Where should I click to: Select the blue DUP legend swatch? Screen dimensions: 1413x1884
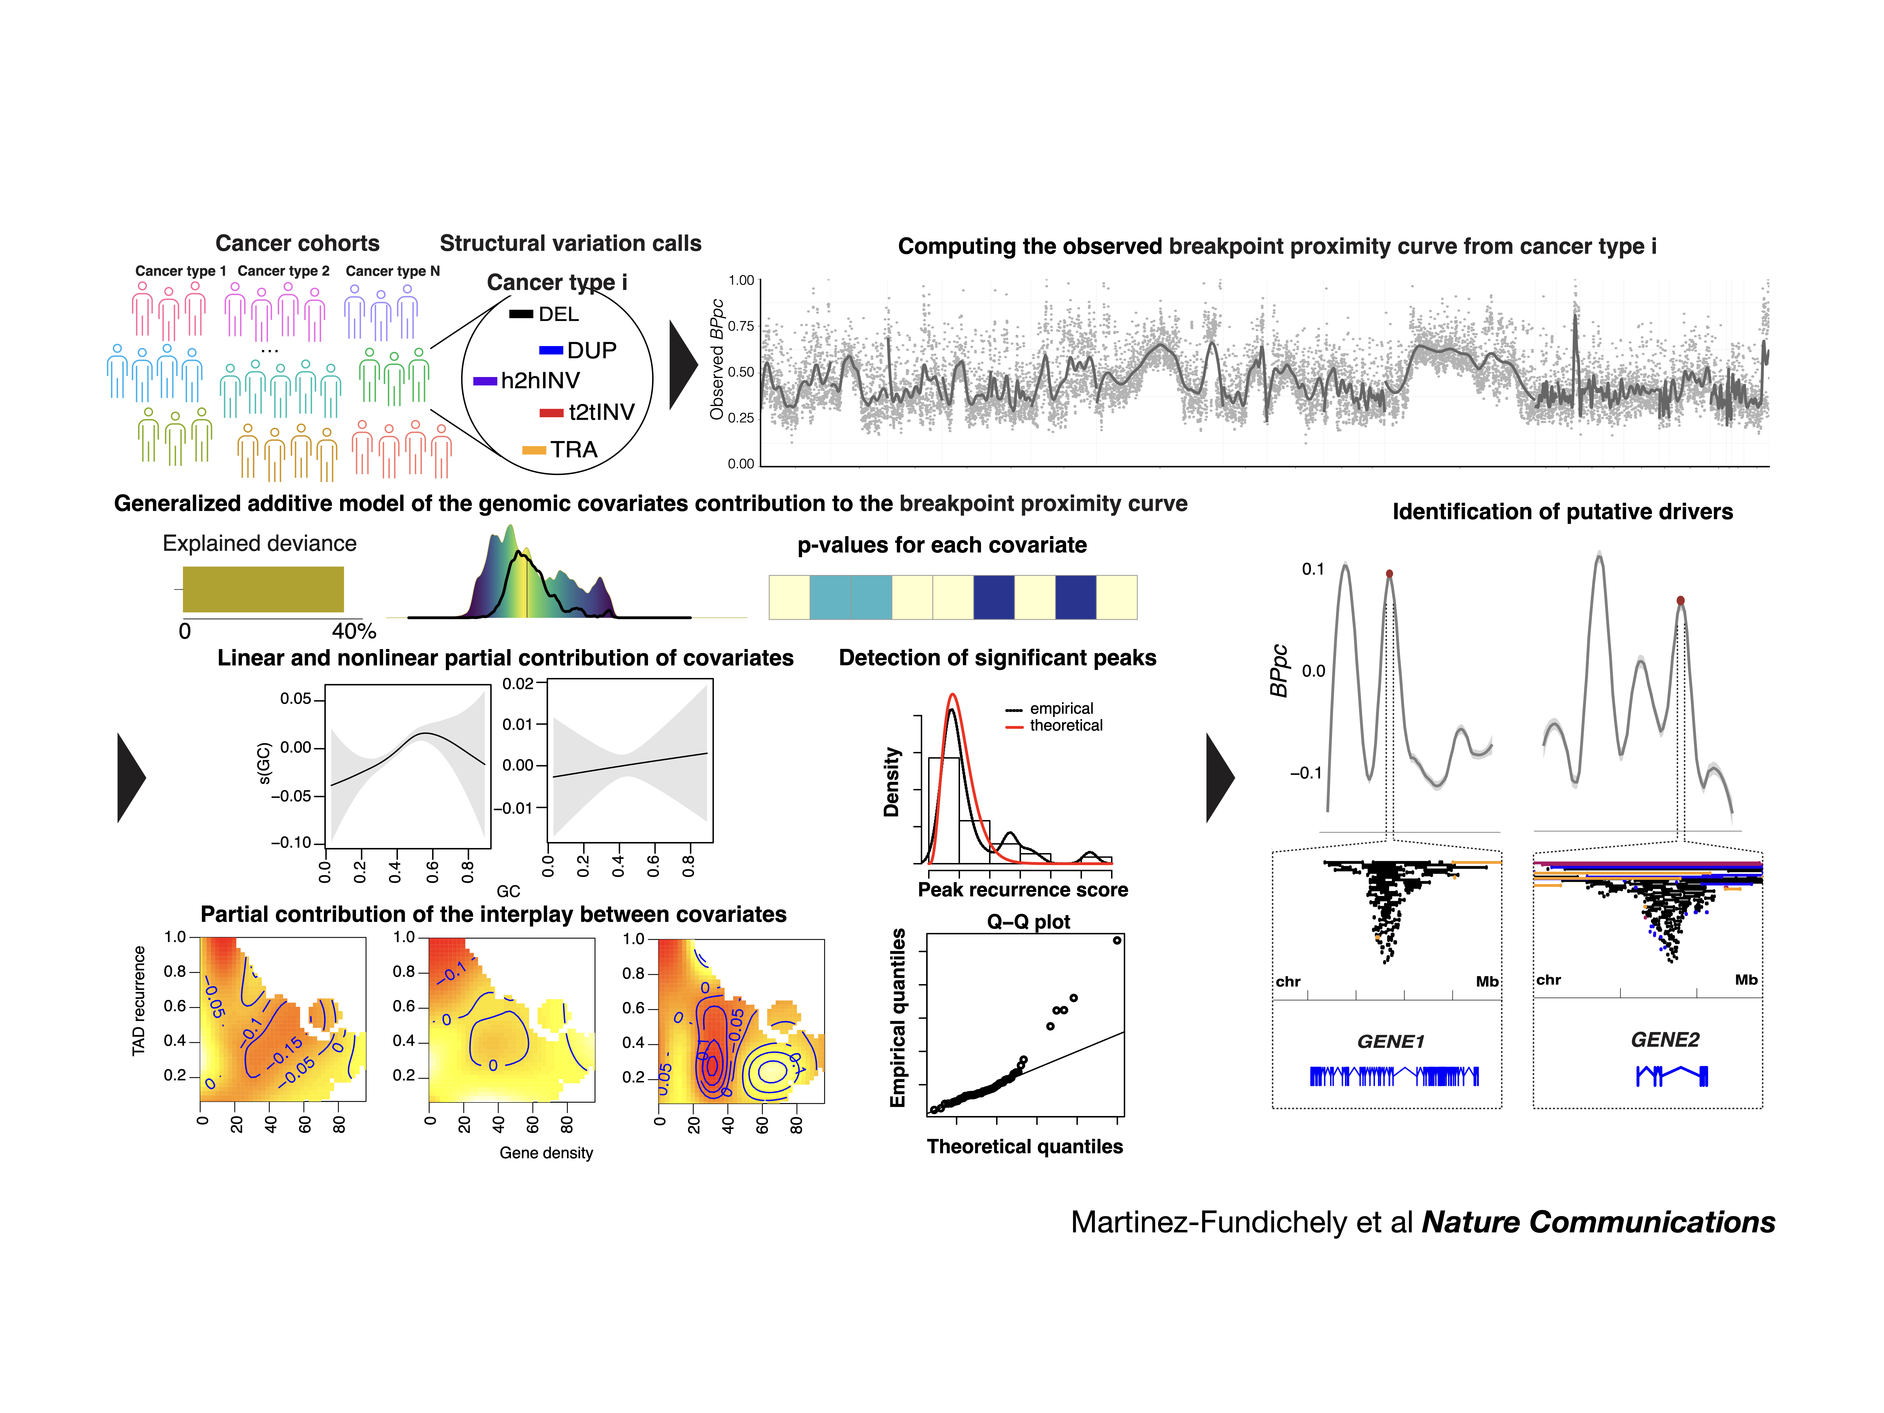coord(551,350)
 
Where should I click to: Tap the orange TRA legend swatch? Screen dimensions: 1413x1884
coord(534,450)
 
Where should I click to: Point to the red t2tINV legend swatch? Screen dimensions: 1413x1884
coord(551,413)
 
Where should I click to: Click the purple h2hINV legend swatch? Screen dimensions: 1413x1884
coord(485,381)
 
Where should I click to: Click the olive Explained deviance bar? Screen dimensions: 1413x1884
coord(263,589)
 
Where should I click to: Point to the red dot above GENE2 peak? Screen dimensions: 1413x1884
coord(1681,600)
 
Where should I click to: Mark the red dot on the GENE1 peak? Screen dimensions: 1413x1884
coord(1389,574)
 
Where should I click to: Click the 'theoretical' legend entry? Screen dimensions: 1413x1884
coord(1065,726)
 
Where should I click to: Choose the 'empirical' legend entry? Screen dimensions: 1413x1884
coord(1061,709)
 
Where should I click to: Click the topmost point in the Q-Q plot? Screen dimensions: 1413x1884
coord(1117,940)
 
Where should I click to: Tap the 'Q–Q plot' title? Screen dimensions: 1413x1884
coord(1028,922)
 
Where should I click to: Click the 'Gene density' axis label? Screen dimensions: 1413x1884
coord(546,1152)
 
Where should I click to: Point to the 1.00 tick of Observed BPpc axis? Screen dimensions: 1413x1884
coord(741,280)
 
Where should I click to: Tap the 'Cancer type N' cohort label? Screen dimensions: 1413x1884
coord(393,271)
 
